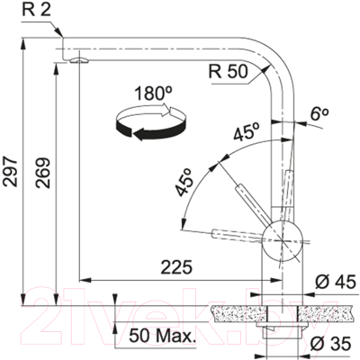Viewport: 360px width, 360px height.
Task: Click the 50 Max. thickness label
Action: [162, 337]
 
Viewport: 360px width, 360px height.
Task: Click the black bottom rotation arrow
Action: [148, 133]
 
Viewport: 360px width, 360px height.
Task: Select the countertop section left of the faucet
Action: [236, 312]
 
